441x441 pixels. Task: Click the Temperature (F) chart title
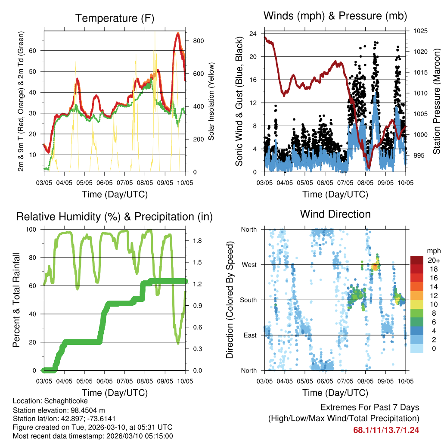click(x=115, y=19)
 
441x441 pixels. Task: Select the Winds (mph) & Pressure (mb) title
click(x=335, y=16)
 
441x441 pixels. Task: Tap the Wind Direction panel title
click(x=335, y=214)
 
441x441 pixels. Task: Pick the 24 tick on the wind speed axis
click(x=253, y=34)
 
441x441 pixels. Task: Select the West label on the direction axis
click(x=249, y=264)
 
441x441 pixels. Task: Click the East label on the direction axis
click(x=250, y=335)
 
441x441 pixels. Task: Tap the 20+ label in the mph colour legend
click(x=433, y=260)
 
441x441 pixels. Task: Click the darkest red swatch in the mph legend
click(x=417, y=260)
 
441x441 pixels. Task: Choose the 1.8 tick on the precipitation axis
click(x=193, y=240)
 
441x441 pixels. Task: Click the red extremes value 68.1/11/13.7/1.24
click(x=386, y=430)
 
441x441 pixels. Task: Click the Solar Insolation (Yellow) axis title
click(x=211, y=101)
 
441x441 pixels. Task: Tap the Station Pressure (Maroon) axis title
click(x=436, y=101)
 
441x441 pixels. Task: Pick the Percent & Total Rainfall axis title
click(x=16, y=300)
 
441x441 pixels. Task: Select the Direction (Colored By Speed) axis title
click(x=230, y=300)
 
